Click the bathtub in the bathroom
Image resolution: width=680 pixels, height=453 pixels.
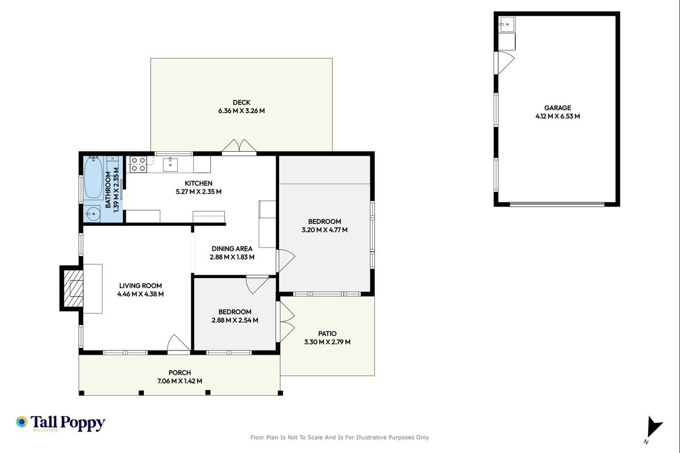coord(93,178)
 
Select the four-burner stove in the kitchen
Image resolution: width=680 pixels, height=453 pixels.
coord(138,164)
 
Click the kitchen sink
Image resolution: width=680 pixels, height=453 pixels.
coord(170,164)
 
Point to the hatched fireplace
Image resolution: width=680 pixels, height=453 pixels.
coord(73,288)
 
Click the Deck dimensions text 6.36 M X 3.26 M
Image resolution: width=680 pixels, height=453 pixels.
coord(241,111)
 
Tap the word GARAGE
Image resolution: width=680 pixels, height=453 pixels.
coord(557,108)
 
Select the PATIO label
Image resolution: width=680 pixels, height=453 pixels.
coord(327,334)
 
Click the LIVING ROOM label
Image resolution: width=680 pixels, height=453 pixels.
coord(140,286)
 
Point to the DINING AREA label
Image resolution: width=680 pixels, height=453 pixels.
coord(232,249)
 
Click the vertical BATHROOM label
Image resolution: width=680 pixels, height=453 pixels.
coord(108,190)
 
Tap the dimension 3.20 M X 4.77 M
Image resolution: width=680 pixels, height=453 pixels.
coord(324,230)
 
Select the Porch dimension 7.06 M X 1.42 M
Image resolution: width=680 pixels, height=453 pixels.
coord(179,381)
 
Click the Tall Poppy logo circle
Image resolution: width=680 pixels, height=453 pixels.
coord(22,422)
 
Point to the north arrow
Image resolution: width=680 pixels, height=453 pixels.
coord(653,427)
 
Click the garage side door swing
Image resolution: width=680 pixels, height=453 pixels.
coord(505,62)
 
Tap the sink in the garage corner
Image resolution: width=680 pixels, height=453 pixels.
coord(507,24)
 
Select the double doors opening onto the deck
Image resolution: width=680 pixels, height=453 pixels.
coord(239,146)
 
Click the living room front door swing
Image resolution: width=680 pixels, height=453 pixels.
coord(179,343)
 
